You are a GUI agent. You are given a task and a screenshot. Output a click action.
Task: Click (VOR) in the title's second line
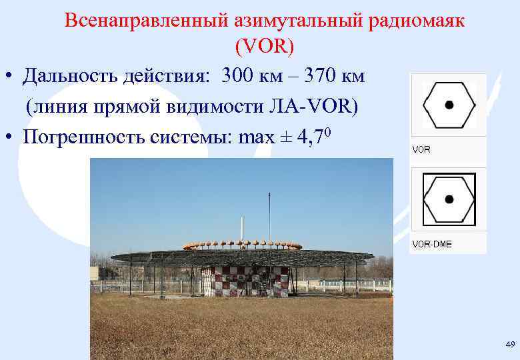265,47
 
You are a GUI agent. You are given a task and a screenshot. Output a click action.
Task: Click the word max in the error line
255,137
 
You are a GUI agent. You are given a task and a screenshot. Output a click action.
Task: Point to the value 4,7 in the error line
311,137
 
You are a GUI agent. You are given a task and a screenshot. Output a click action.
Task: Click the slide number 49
510,344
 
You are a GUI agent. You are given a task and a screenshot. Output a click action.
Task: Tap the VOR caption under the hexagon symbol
421,149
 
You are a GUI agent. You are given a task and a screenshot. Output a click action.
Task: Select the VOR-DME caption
431,244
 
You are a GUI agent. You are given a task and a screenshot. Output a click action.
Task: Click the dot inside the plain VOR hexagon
449,105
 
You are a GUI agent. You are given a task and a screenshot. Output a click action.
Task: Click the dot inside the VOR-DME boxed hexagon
449,199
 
